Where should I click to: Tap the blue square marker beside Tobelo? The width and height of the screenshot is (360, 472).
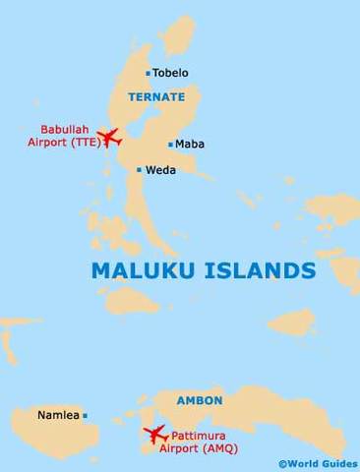(x=149, y=73)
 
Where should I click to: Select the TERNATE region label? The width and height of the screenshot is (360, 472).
(x=155, y=96)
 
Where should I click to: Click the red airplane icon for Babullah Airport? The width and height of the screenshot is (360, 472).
(x=105, y=137)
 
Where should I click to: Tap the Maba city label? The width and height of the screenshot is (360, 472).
(x=190, y=144)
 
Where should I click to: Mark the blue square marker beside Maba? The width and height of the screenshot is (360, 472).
(x=170, y=144)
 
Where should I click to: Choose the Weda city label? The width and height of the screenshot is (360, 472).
(x=161, y=169)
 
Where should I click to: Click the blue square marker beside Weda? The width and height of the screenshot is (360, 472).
(x=140, y=169)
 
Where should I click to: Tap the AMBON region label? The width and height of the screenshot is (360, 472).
(x=200, y=401)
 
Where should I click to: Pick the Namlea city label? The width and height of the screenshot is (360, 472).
(x=57, y=416)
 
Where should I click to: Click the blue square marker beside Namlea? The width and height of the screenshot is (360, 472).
(x=86, y=416)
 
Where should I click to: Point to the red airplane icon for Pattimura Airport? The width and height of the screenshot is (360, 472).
(x=155, y=433)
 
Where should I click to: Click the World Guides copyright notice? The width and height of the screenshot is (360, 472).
(x=318, y=462)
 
